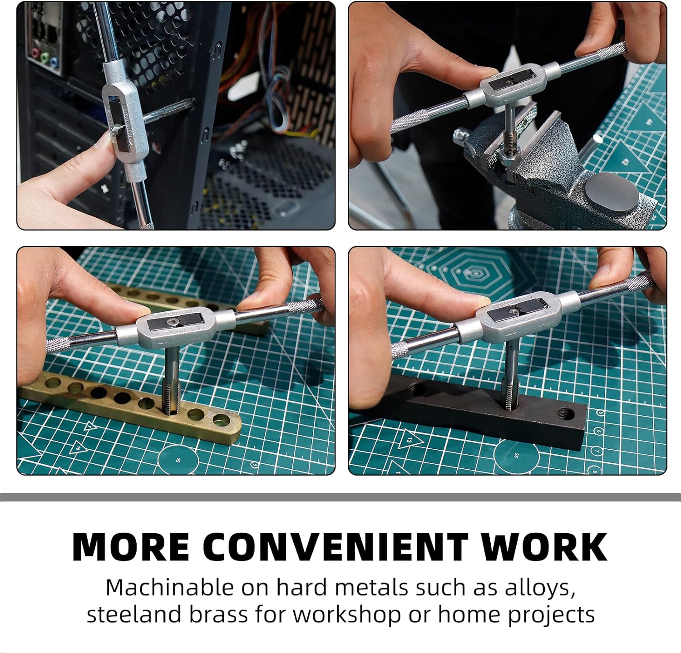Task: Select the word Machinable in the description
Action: (168, 588)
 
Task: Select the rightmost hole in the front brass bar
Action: (221, 419)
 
